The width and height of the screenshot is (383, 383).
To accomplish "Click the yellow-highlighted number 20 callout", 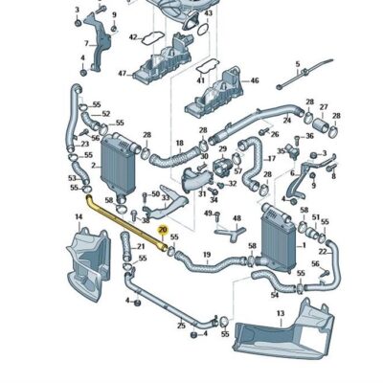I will click(163, 231).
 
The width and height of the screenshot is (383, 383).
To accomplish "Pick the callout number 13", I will click(280, 313).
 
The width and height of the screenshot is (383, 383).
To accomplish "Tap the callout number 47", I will click(123, 73).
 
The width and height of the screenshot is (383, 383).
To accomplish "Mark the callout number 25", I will click(181, 326).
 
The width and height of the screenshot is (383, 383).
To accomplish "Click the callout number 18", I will click(179, 143).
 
